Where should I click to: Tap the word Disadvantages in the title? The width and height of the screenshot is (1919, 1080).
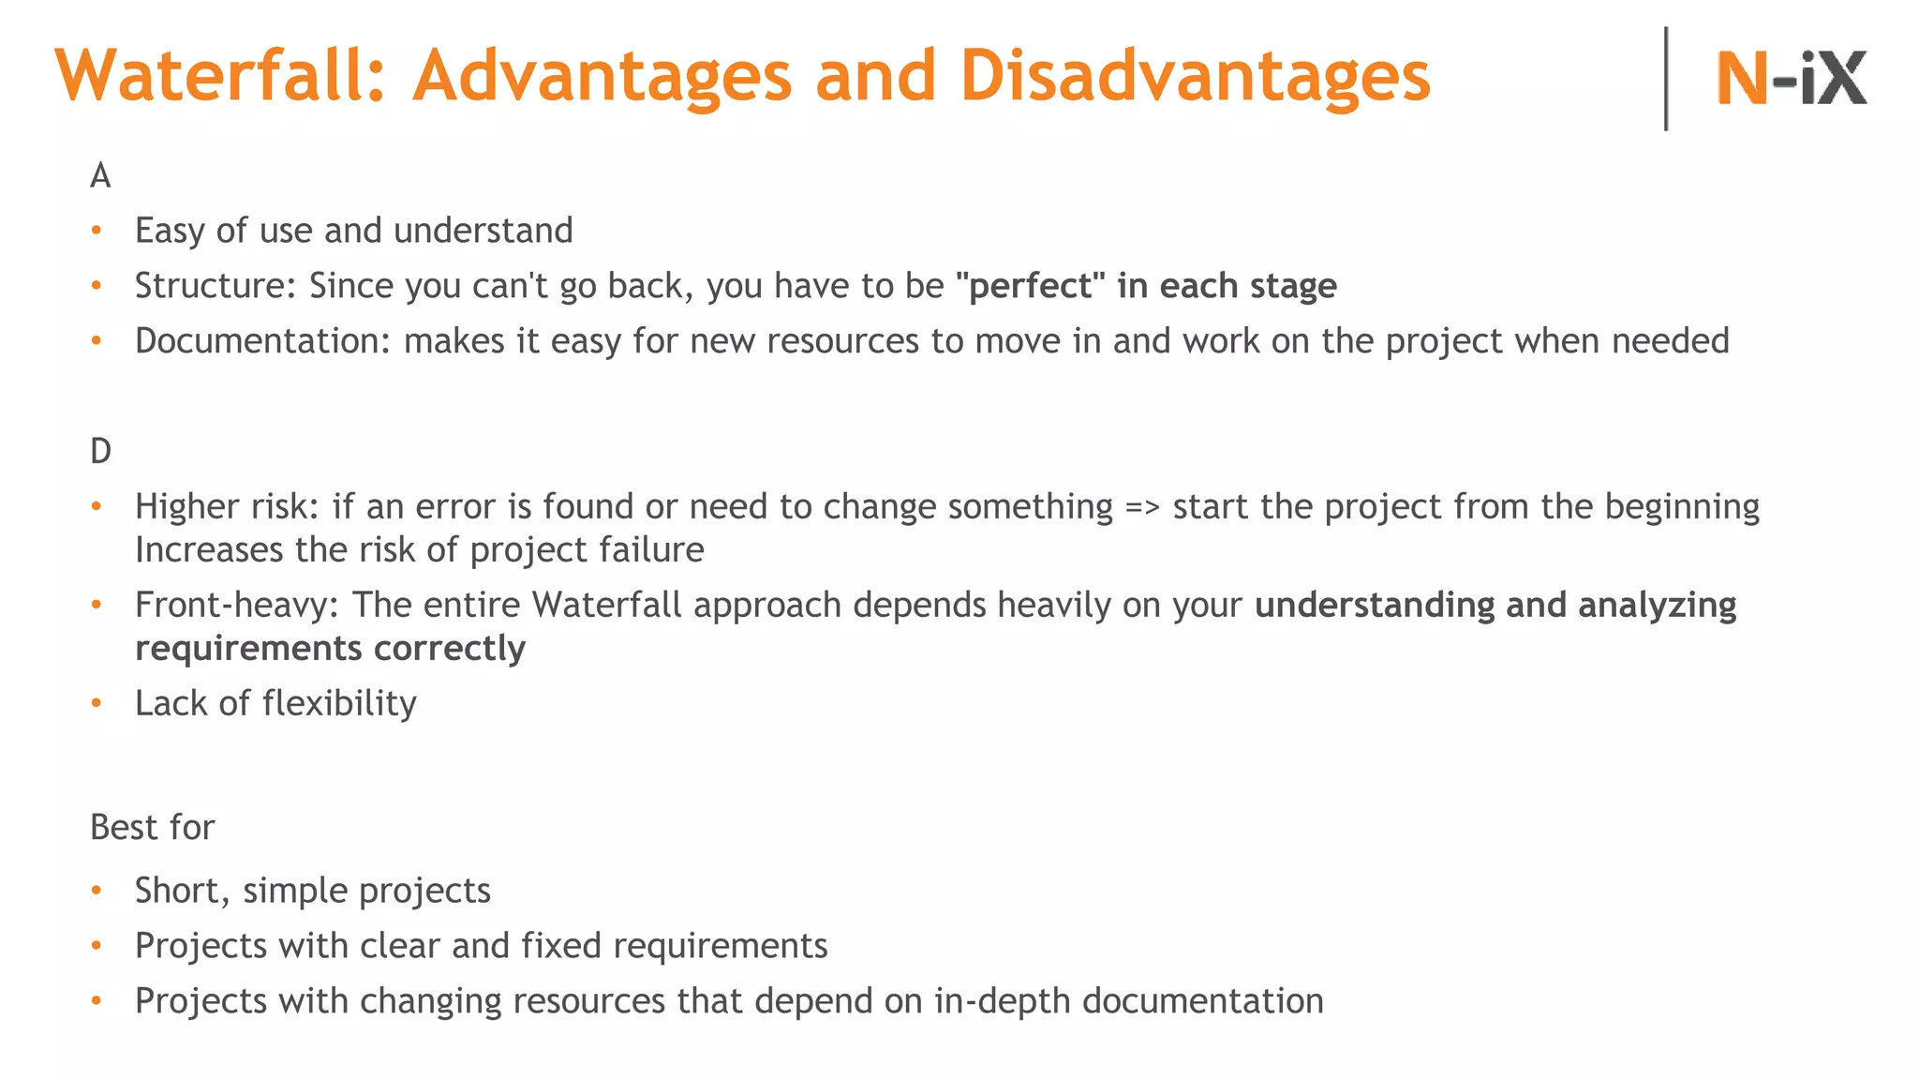(x=1195, y=75)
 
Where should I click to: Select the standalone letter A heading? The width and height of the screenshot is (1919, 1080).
(x=100, y=175)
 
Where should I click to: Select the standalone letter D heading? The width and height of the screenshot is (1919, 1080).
(x=100, y=451)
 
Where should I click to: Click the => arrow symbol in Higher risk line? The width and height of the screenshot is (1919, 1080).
(x=1142, y=507)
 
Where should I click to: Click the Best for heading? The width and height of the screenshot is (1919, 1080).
(x=153, y=827)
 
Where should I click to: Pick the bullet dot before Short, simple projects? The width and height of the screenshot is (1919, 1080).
(x=96, y=890)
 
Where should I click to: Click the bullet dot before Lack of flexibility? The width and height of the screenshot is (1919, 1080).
(x=96, y=703)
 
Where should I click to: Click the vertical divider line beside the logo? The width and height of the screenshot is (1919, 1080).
(x=1665, y=79)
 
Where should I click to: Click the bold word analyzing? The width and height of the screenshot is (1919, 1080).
(x=1657, y=605)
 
